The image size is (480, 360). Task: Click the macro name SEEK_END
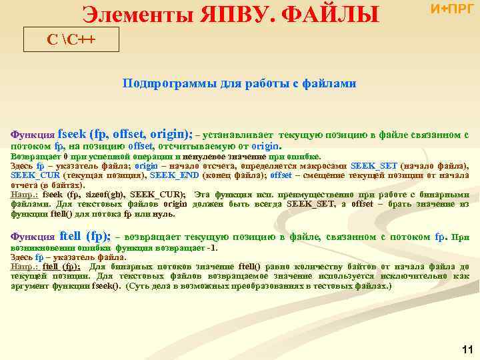170,175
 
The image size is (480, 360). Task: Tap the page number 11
467,349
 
